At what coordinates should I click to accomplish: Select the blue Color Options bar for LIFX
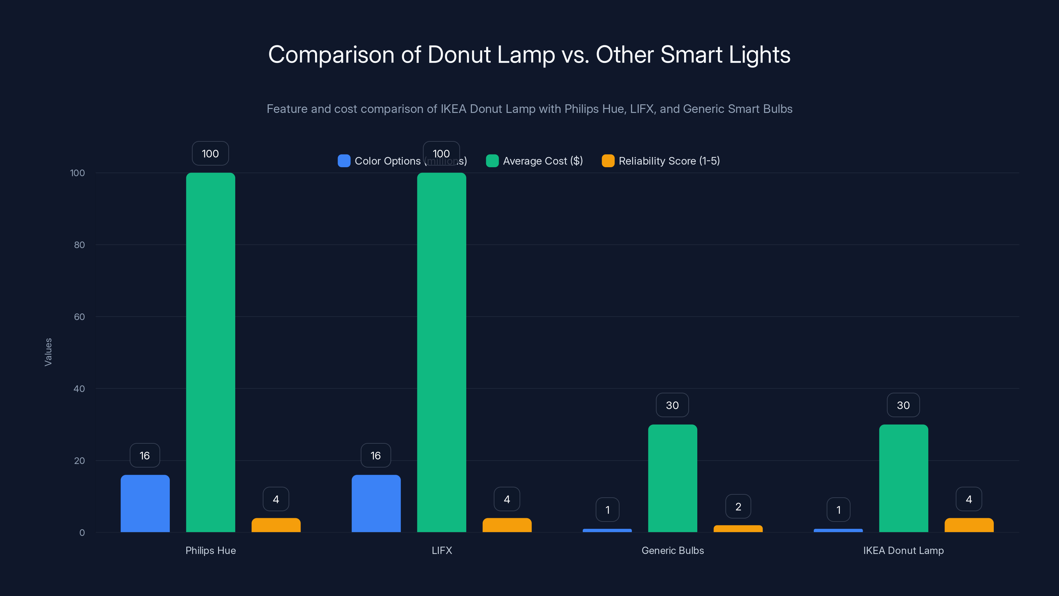pyautogui.click(x=376, y=503)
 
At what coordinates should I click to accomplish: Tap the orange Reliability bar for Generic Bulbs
pyautogui.click(x=738, y=528)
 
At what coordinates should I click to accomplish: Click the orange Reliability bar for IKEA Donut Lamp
pyautogui.click(x=969, y=525)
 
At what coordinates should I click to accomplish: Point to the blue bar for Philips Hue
pyautogui.click(x=145, y=503)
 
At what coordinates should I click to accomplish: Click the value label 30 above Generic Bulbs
pyautogui.click(x=672, y=405)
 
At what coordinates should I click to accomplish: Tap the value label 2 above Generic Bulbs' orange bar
pyautogui.click(x=738, y=506)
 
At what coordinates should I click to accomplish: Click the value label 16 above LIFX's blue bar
pyautogui.click(x=375, y=455)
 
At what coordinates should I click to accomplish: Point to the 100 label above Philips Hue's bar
pyautogui.click(x=210, y=153)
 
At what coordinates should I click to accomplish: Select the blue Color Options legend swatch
pyautogui.click(x=344, y=161)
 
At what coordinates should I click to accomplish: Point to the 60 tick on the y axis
pyautogui.click(x=79, y=317)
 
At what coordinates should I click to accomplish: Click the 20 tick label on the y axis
pyautogui.click(x=79, y=461)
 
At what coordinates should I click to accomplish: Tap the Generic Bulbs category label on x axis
pyautogui.click(x=672, y=550)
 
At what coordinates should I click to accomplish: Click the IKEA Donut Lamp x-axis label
pyautogui.click(x=903, y=550)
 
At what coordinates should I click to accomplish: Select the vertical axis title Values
pyautogui.click(x=48, y=352)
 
